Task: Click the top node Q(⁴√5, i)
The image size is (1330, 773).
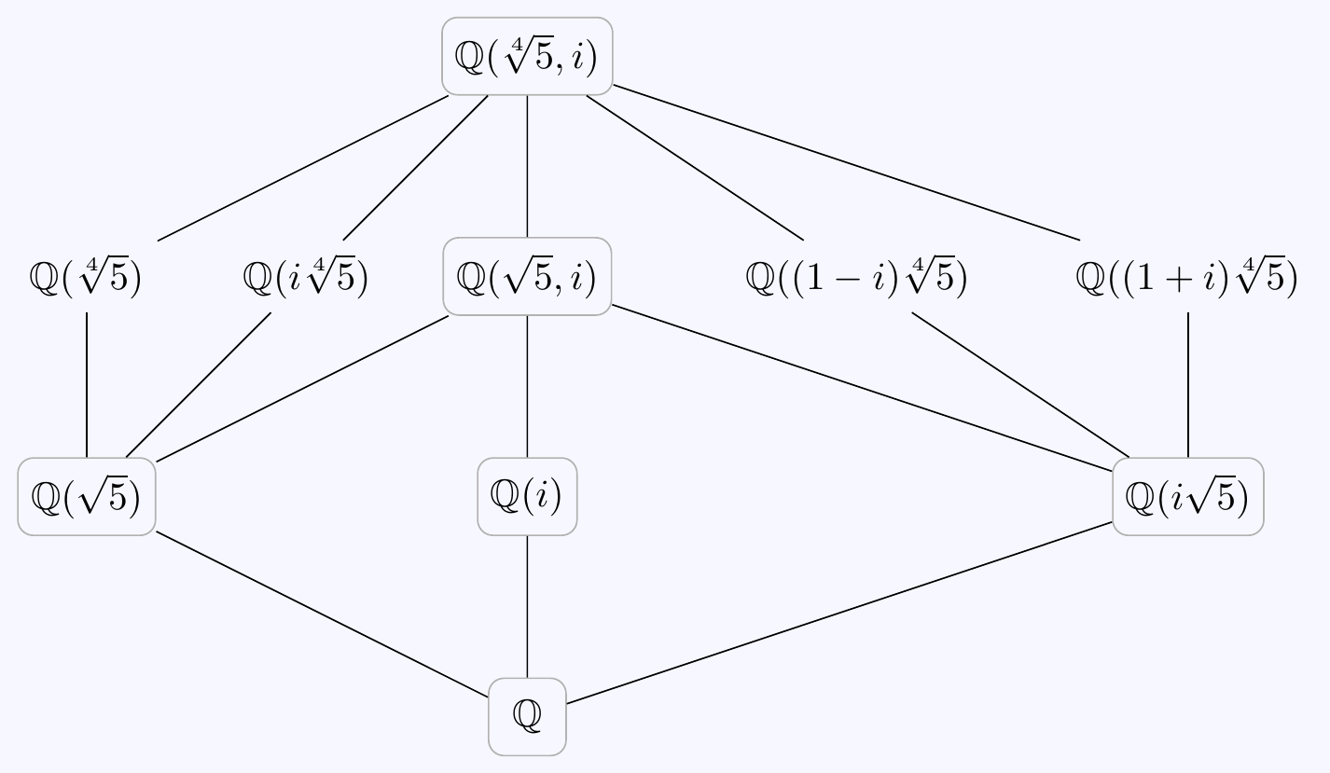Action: tap(527, 56)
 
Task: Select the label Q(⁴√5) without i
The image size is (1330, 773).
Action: tap(86, 278)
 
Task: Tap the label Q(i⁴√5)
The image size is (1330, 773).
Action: tap(306, 278)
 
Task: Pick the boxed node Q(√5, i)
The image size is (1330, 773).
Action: tap(527, 277)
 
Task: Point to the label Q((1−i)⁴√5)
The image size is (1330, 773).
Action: tap(856, 278)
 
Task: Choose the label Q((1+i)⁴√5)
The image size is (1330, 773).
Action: tap(1186, 278)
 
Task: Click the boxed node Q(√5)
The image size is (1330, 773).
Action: tap(87, 497)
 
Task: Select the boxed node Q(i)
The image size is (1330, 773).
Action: tap(527, 497)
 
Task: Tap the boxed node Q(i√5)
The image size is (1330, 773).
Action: tap(1187, 497)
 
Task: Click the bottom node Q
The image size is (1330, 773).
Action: tap(527, 716)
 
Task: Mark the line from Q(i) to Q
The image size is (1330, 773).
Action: tap(528, 606)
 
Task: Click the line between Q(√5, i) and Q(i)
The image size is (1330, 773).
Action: tap(528, 386)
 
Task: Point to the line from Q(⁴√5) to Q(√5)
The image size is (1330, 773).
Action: tap(87, 385)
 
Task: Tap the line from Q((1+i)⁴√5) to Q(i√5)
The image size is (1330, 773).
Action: tap(1188, 385)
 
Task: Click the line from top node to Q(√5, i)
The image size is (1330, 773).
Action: tap(528, 166)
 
